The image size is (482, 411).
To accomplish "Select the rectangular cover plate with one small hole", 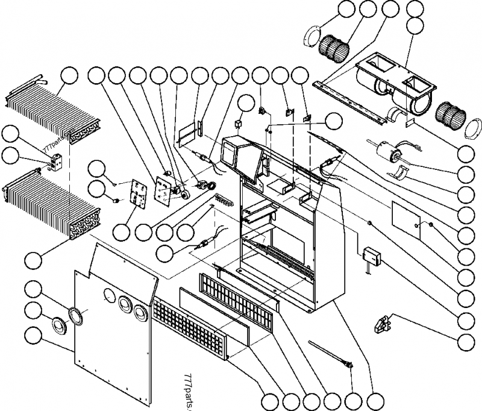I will click(405, 217).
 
